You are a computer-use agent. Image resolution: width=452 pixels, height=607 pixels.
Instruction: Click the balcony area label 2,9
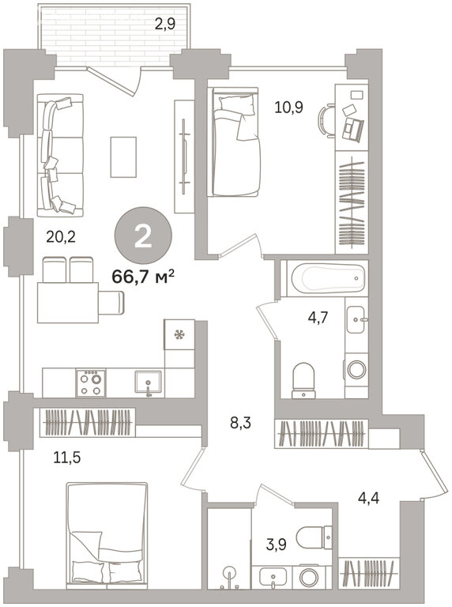tap(165, 25)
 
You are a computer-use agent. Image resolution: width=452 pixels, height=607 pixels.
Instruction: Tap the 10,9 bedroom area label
tap(288, 107)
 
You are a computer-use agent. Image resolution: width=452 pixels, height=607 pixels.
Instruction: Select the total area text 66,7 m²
tap(143, 277)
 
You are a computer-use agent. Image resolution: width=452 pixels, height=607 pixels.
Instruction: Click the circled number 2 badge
tap(143, 236)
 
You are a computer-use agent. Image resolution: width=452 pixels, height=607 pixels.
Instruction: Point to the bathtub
tap(328, 278)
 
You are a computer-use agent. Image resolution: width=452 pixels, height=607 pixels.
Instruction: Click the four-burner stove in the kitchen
tap(91, 383)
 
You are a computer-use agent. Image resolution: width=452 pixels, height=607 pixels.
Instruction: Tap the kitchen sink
tap(149, 383)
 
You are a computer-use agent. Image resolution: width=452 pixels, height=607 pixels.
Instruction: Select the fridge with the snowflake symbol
tap(179, 334)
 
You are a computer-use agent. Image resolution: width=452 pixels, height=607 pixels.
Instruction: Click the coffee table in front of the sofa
tap(123, 156)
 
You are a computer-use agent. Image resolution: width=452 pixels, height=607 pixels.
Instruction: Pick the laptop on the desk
tap(353, 129)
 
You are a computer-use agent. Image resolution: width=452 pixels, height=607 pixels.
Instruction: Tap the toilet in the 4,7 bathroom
tap(303, 380)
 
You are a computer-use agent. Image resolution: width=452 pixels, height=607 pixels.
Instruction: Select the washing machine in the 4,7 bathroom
tap(356, 370)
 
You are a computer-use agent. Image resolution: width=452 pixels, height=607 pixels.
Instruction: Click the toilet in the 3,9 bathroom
tap(315, 537)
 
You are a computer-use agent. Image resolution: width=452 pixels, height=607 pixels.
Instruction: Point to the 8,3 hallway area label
tap(241, 423)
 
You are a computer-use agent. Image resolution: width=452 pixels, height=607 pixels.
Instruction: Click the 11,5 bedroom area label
tap(67, 458)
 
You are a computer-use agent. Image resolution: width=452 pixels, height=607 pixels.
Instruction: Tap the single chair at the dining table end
tap(111, 303)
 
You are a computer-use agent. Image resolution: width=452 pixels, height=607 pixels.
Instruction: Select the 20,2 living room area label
tap(61, 236)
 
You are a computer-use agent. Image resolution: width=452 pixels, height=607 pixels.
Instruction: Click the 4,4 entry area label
tap(368, 498)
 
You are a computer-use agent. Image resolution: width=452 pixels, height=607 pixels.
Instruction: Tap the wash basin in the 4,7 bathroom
tap(356, 320)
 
